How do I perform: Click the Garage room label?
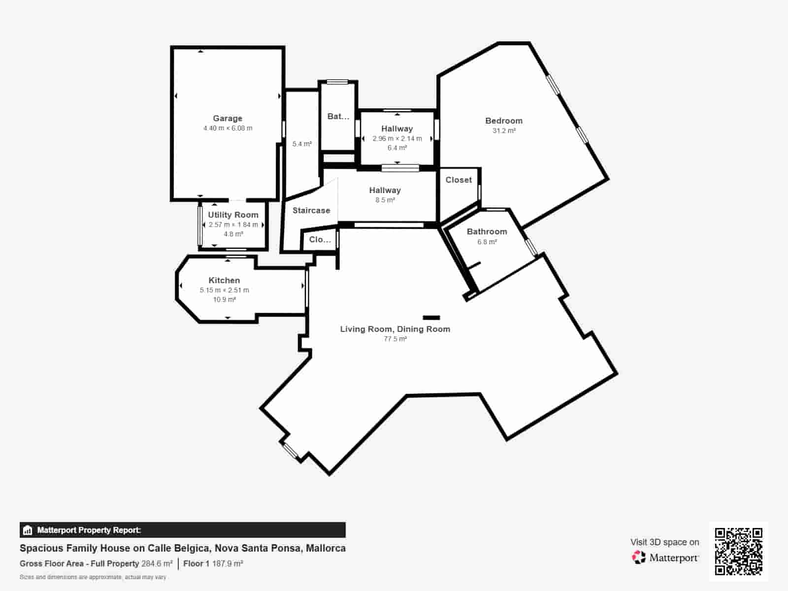[x=228, y=118]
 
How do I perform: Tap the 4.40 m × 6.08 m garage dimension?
[x=228, y=128]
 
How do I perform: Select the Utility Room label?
[x=233, y=215]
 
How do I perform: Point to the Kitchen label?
[x=224, y=280]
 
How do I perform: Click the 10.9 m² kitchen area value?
[x=225, y=299]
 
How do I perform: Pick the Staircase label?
[x=311, y=210]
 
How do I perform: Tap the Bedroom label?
[x=504, y=121]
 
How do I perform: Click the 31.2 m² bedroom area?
[x=504, y=131]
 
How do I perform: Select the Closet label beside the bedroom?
[x=459, y=180]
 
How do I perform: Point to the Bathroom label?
[x=487, y=232]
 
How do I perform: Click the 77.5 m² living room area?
[x=395, y=339]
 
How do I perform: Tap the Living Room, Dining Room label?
[x=395, y=329]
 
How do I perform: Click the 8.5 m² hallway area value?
[x=385, y=200]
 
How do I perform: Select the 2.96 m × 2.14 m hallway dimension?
[x=397, y=138]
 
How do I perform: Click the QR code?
[x=738, y=552]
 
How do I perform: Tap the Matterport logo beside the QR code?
[x=665, y=558]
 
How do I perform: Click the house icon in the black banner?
[x=27, y=530]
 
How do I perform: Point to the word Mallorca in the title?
[x=326, y=548]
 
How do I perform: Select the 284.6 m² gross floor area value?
[x=157, y=564]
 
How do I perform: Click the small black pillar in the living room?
[x=431, y=318]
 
